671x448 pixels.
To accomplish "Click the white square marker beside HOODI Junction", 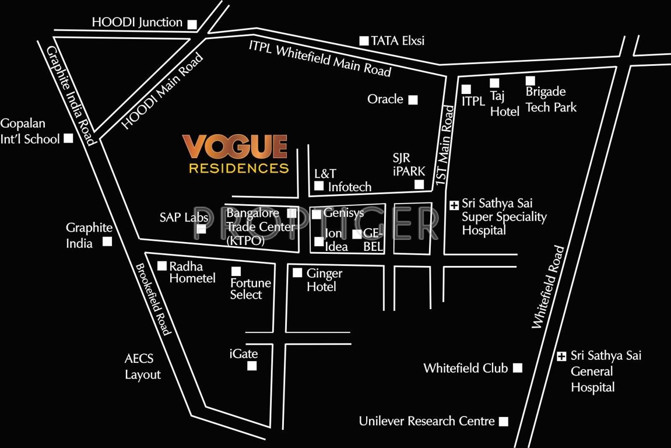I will point(192,24).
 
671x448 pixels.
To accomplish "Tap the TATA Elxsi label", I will point(398,41).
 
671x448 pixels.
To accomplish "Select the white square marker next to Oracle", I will point(413,100).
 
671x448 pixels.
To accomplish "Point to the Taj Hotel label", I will point(504,103).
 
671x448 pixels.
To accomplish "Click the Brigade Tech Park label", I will point(550,100).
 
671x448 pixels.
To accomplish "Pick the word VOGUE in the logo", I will point(235,148).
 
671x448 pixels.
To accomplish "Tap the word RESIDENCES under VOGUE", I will point(238,169).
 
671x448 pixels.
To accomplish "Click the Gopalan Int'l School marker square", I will point(68,138).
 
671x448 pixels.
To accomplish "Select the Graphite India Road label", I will point(71,95).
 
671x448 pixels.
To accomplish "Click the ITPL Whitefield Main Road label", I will point(319,58).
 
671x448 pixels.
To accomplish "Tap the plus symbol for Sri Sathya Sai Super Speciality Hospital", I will point(454,205).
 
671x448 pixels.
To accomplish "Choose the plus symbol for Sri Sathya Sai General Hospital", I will point(561,356).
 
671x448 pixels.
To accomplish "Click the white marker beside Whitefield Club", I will point(517,368).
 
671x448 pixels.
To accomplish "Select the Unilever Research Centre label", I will point(427,421).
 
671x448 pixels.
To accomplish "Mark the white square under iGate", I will point(252,366).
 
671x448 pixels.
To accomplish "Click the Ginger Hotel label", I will point(324,279).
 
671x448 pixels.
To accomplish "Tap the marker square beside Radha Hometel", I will point(162,266).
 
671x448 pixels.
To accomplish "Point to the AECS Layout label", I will point(143,367).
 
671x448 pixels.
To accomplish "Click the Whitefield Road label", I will point(549,287).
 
